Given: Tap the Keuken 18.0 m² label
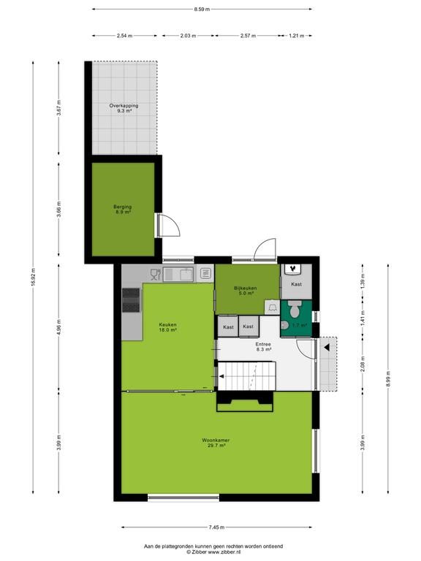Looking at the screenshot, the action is pos(168,327).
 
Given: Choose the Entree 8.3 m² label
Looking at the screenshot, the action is pos(263,347).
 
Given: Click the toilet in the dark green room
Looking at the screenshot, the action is pos(295,309).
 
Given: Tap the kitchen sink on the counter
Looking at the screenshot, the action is pos(178,275).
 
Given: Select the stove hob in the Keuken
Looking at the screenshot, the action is pos(131,299).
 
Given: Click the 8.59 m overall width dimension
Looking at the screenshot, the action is pos(202,9).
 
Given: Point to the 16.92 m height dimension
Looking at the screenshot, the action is pos(34,278).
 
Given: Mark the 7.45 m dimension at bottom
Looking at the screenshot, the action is pos(216,527).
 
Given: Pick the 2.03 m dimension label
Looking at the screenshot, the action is pos(189,36).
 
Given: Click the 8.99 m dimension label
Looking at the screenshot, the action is pos(388,378).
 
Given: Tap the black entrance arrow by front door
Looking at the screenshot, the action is pos(327,347).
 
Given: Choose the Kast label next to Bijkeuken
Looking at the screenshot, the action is pos(297,284).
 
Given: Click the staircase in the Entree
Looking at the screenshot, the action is pos(246,375).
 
